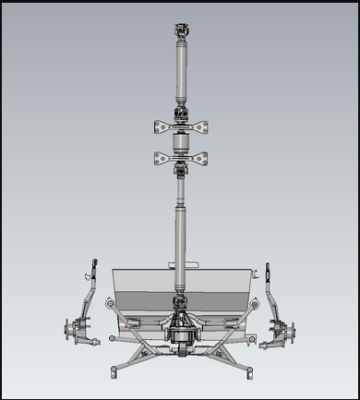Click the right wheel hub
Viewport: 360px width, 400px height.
point(287,329)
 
